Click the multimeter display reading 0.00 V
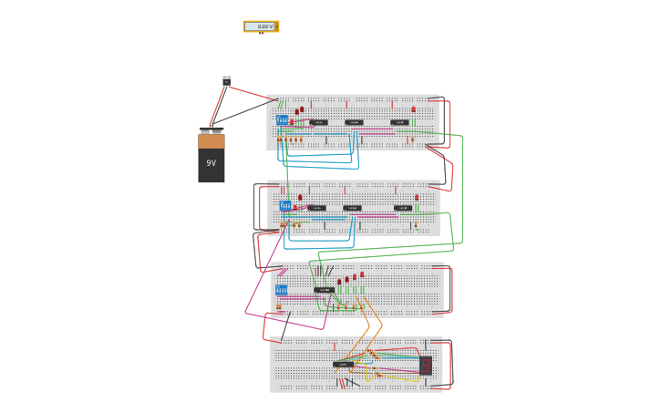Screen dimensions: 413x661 [x=261, y=26]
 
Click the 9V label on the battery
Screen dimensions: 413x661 [x=211, y=163]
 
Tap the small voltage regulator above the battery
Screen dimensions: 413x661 [x=226, y=81]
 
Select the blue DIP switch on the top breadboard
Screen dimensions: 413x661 [x=283, y=120]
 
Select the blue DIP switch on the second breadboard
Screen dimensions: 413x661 [x=285, y=206]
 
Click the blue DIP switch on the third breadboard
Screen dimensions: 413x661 [x=281, y=290]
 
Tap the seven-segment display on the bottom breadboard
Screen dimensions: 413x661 [x=425, y=366]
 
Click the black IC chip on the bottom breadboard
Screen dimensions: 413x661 [x=343, y=364]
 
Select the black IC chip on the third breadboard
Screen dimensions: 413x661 [x=324, y=290]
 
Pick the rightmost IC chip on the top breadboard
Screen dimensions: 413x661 [x=399, y=122]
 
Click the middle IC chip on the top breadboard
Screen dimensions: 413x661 [x=354, y=122]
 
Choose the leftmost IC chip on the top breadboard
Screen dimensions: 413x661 [x=318, y=122]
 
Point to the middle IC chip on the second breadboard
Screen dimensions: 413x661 [x=352, y=208]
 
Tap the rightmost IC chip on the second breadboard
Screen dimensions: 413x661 [x=402, y=208]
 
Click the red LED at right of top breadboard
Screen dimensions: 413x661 [x=413, y=109]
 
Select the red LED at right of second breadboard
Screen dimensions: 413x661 [x=417, y=197]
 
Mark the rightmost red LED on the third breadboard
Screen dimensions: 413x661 [x=362, y=274]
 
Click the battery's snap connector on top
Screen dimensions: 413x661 [x=212, y=130]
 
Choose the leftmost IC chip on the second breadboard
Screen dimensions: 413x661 [x=316, y=208]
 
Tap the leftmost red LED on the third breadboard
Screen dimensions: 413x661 [x=339, y=282]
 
